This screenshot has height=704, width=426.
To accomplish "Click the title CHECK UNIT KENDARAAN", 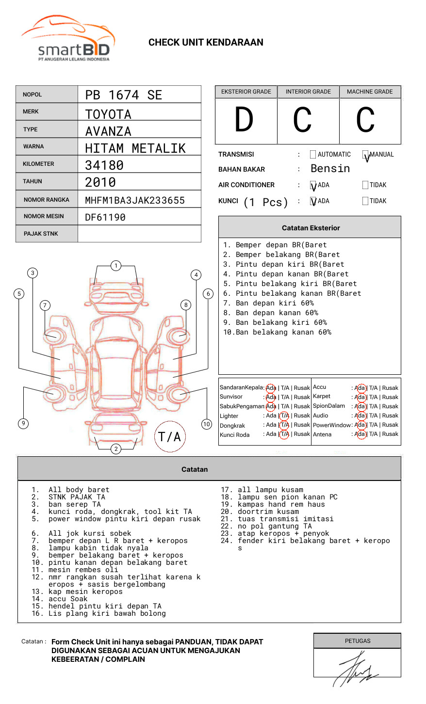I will pyautogui.click(x=206, y=43).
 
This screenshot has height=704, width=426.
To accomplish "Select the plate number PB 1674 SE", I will pyautogui.click(x=124, y=95).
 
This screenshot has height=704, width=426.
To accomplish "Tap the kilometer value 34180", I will pyautogui.click(x=104, y=165).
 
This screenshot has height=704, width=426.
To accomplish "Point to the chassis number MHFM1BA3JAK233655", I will pyautogui.click(x=135, y=200).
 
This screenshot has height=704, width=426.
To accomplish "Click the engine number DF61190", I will pyautogui.click(x=105, y=217).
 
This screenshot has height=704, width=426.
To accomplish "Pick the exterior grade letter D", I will pyautogui.click(x=244, y=120).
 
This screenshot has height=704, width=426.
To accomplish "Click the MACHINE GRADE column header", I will pyautogui.click(x=370, y=92).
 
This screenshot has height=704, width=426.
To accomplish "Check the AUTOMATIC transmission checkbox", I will pyautogui.click(x=313, y=155).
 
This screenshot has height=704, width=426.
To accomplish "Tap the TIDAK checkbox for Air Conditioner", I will pyautogui.click(x=365, y=185).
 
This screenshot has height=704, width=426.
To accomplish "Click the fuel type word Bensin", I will pyautogui.click(x=330, y=169).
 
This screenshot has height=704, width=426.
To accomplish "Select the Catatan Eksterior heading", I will pyautogui.click(x=311, y=228).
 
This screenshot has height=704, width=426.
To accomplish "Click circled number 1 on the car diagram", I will pyautogui.click(x=115, y=265).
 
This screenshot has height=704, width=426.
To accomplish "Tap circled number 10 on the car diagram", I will pyautogui.click(x=207, y=424).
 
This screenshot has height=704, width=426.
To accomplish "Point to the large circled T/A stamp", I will pyautogui.click(x=169, y=436).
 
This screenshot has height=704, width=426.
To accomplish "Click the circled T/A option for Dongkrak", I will pyautogui.click(x=284, y=425).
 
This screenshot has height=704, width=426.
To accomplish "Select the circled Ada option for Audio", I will pyautogui.click(x=360, y=416).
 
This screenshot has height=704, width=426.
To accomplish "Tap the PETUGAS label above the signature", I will pyautogui.click(x=358, y=641).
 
